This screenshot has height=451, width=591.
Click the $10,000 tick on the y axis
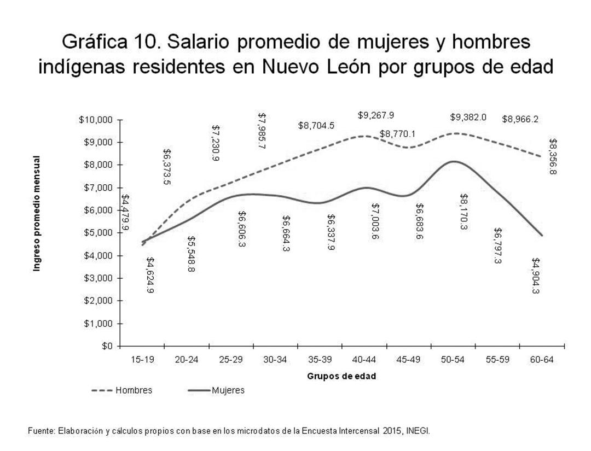point(97,120)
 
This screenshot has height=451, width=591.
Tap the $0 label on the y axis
point(108,346)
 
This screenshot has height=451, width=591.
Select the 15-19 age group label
point(142,360)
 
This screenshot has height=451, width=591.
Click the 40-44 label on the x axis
point(364,360)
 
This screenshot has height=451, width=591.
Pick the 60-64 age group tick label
point(541,360)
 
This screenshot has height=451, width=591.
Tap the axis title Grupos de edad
point(341,376)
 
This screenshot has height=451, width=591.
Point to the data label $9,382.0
point(468,117)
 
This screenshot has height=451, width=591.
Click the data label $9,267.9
point(376,115)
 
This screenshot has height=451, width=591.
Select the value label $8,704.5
point(316,125)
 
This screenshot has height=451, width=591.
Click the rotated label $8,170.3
point(463,212)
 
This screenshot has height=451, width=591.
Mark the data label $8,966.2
point(520,119)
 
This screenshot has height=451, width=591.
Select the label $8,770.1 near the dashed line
point(397,133)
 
